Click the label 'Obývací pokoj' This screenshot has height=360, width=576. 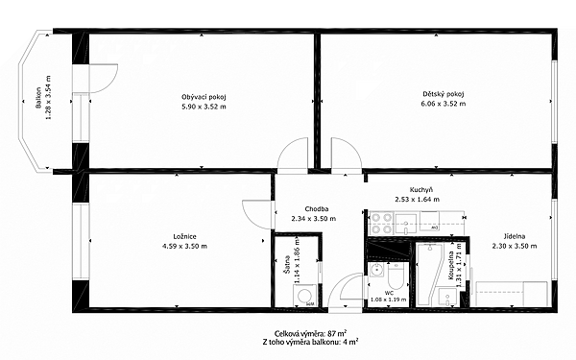pos(204,97)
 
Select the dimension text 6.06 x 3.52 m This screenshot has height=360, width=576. pos(443,104)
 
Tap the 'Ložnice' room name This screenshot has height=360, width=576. pos(184,236)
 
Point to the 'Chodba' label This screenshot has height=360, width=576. pos(316,209)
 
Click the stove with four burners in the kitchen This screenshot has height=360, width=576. pos(381,224)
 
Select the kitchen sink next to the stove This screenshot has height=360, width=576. pos(405,224)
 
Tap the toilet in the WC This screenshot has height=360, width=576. pos(396,276)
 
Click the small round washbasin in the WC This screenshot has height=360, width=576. pos(376,271)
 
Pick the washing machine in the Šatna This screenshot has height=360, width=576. pos(304,296)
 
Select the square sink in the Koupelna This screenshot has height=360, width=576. pos(447,296)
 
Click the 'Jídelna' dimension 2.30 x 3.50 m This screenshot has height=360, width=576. pos(515,246)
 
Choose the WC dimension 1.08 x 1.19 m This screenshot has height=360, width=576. pos(389,300)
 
